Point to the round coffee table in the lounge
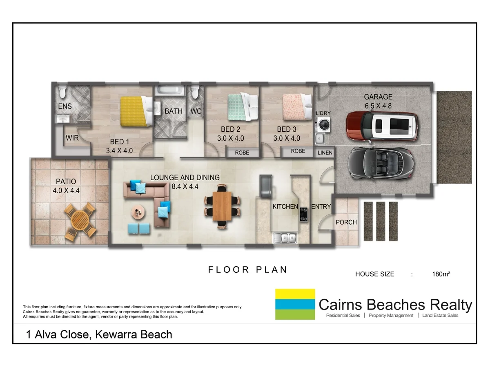pyautogui.click(x=138, y=212)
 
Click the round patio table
pyautogui.click(x=80, y=221)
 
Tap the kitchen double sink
pyautogui.click(x=285, y=238)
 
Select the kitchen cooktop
pyautogui.click(x=304, y=214)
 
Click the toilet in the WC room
pyautogui.click(x=195, y=93)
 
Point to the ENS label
pyautogui.click(x=65, y=106)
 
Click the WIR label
pyautogui.click(x=72, y=138)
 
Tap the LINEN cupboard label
pyautogui.click(x=325, y=153)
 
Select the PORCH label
pyautogui.click(x=346, y=222)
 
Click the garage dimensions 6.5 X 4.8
pyautogui.click(x=378, y=105)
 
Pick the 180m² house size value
pyautogui.click(x=441, y=274)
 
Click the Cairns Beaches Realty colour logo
pyautogui.click(x=295, y=304)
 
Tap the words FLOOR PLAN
pyautogui.click(x=248, y=270)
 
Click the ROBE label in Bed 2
pyautogui.click(x=243, y=153)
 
